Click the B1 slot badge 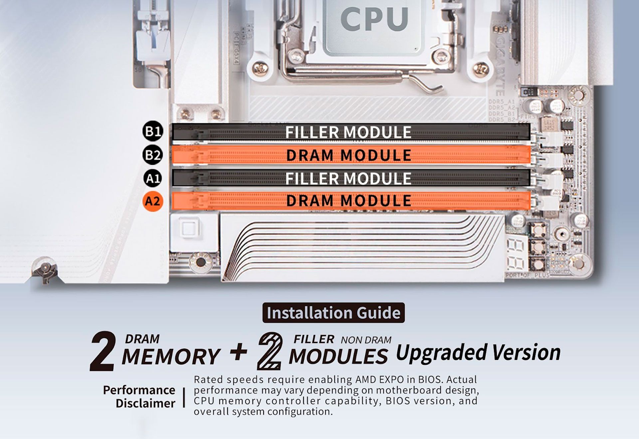[x=153, y=131]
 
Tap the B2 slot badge [x=153, y=155]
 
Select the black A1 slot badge [x=153, y=179]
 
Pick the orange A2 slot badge [x=153, y=201]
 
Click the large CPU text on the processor [x=374, y=19]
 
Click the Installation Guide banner [x=333, y=313]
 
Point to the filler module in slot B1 [x=351, y=132]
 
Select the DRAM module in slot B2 [x=351, y=155]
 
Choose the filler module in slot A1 [x=351, y=178]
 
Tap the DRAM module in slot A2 [x=351, y=201]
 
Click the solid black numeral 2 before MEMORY [x=103, y=351]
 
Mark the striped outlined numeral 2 [x=270, y=351]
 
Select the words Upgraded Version [x=478, y=353]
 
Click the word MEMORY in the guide [x=171, y=357]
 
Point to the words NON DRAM [x=366, y=340]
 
